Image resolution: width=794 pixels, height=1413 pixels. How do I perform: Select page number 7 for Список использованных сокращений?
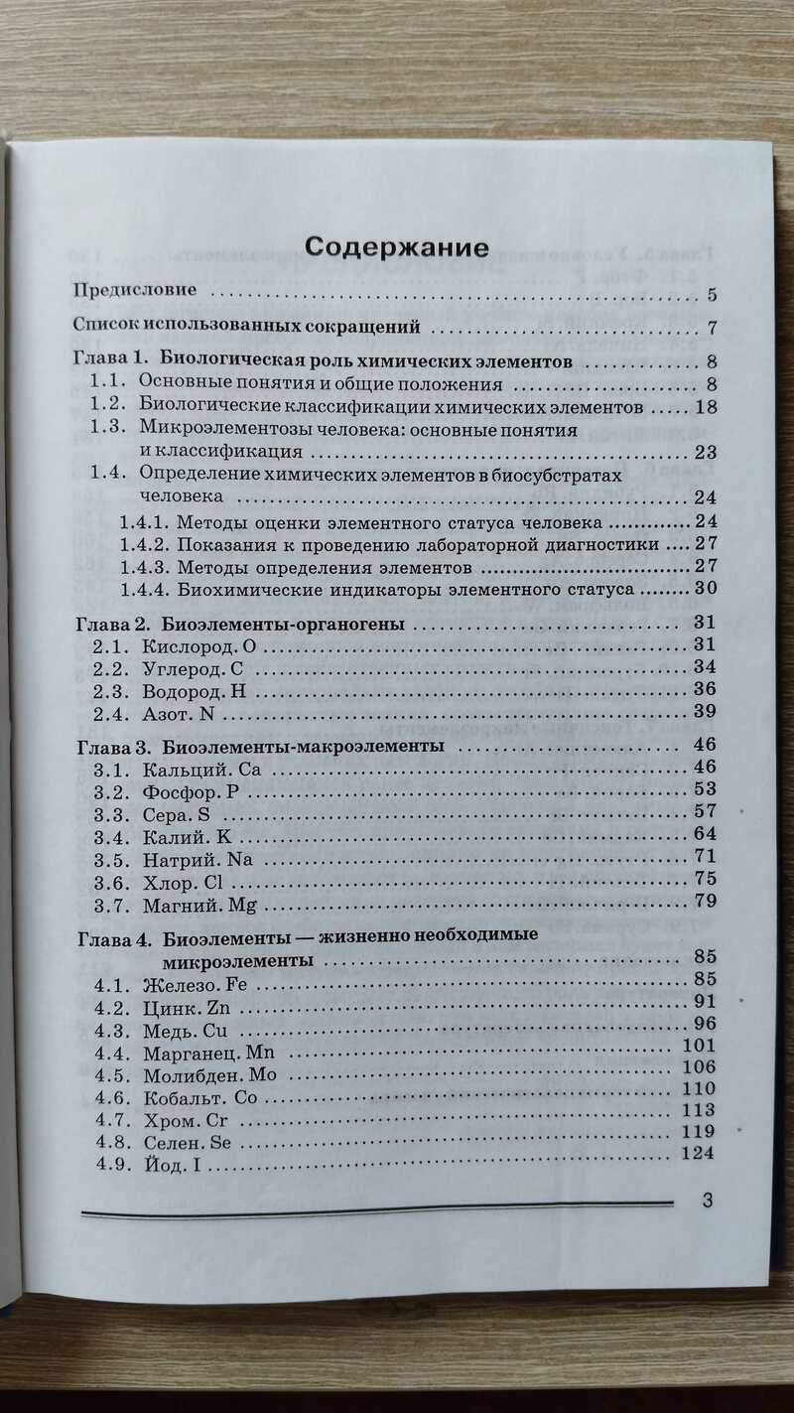coord(713,328)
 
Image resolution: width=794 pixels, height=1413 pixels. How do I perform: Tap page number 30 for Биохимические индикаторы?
coord(706,588)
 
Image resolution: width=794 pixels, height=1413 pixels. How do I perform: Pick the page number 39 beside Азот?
coord(706,712)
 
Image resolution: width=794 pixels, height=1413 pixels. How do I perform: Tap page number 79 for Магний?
coord(706,901)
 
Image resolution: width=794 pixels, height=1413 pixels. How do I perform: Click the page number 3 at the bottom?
coord(708,1200)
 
